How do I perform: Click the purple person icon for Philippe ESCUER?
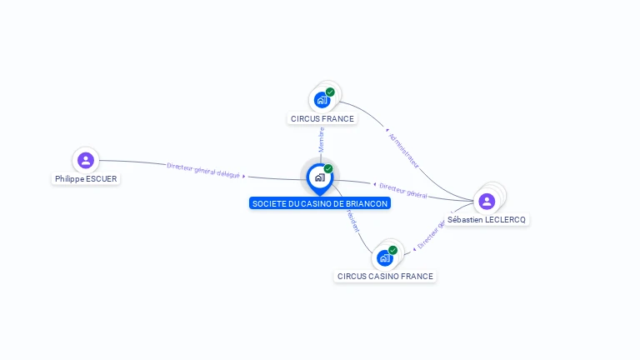click(x=85, y=160)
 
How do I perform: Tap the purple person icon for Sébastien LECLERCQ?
click(x=487, y=201)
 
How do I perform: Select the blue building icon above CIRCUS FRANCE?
click(x=322, y=100)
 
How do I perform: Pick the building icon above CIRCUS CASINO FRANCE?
click(x=384, y=257)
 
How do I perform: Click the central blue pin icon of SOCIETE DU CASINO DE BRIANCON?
click(x=319, y=177)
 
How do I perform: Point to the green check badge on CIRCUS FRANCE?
click(x=330, y=92)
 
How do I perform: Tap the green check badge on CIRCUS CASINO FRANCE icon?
click(x=392, y=250)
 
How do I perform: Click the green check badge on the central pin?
click(x=328, y=169)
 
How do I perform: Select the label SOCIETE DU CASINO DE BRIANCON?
click(x=320, y=203)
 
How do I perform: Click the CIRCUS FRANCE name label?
click(x=322, y=118)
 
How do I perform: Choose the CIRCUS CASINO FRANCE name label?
click(x=385, y=276)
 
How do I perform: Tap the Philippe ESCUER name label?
click(x=86, y=178)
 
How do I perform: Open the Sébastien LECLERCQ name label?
click(x=487, y=219)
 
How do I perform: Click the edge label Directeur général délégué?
click(x=203, y=169)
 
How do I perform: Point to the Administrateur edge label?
click(x=404, y=150)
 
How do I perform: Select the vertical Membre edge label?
click(x=321, y=139)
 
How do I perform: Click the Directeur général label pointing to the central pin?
click(x=403, y=190)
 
